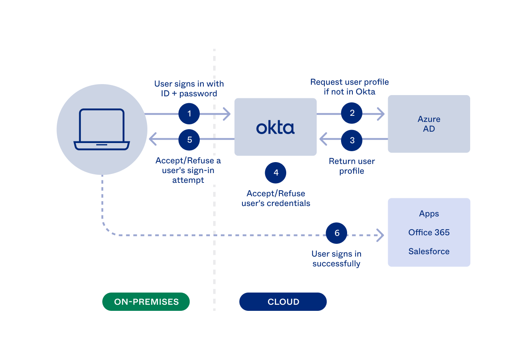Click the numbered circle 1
[189, 114]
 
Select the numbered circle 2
[352, 113]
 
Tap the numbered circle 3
[352, 140]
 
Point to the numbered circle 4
[276, 173]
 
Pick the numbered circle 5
[189, 140]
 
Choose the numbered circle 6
[337, 233]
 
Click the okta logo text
[275, 128]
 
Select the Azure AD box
[429, 124]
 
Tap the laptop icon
[102, 129]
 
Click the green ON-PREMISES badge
[146, 302]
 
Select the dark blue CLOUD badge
[283, 302]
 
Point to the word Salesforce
[429, 252]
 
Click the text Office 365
[429, 232]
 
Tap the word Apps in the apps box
[429, 214]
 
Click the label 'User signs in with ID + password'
[189, 89]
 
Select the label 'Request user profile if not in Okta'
[349, 87]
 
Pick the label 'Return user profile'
[352, 166]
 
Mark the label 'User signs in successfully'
[336, 259]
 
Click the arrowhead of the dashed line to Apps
[380, 235]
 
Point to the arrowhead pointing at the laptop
[152, 140]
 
